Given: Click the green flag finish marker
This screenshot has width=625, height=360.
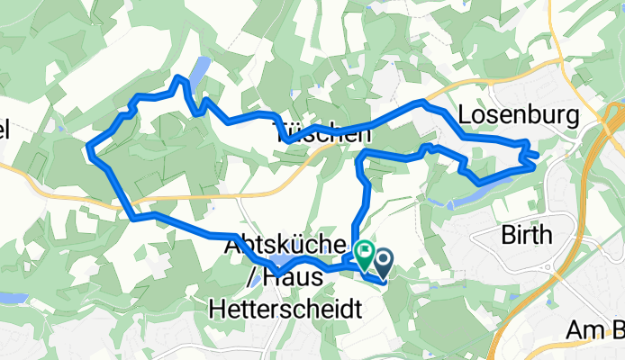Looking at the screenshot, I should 366,254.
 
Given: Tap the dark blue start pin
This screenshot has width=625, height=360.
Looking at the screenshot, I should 385,263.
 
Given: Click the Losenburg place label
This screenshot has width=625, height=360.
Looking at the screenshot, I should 518,115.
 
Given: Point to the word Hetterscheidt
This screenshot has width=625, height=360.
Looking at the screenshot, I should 285,310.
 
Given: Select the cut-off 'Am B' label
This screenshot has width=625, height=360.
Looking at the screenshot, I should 594,330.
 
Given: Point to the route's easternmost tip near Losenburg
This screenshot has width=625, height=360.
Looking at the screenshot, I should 538,156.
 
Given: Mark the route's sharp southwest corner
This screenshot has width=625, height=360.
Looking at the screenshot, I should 134,217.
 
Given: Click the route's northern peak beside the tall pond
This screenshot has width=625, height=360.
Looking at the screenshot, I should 180,78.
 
